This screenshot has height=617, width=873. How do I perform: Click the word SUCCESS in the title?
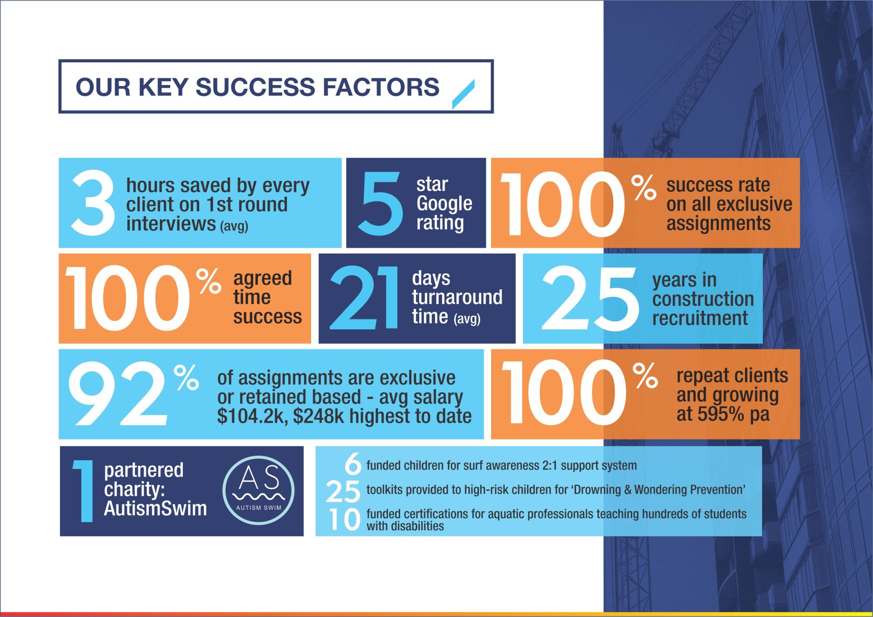tap(255, 87)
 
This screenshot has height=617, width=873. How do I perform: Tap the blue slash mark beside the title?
tap(463, 94)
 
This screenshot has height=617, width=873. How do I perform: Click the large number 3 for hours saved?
tap(93, 203)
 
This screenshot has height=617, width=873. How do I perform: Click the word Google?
tap(444, 204)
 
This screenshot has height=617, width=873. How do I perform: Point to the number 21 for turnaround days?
tap(364, 298)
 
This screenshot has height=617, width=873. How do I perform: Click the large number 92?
tap(118, 393)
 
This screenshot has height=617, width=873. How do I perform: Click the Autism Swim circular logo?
tap(258, 490)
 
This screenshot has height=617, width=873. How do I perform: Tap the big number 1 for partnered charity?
tap(83, 491)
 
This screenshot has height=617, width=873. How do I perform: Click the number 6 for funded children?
tap(352, 464)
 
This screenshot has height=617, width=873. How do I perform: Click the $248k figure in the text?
tap(318, 416)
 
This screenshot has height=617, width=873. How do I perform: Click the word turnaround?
tap(457, 297)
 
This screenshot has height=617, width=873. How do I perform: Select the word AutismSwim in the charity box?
tap(155, 508)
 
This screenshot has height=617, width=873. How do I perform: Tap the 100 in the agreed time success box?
tap(127, 298)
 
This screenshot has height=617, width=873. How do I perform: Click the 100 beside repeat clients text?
tap(564, 393)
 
